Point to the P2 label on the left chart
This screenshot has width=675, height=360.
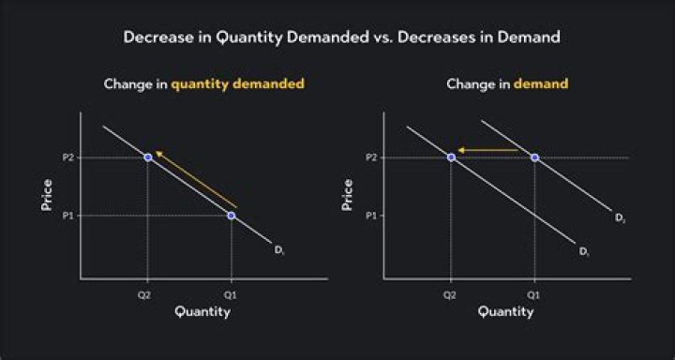(67, 157)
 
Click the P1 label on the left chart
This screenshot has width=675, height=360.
(67, 216)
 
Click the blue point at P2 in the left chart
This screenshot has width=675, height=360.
(148, 157)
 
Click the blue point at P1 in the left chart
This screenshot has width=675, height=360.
(232, 216)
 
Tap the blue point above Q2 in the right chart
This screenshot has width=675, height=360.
(451, 157)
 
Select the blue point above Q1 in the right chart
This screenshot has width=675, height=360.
(534, 157)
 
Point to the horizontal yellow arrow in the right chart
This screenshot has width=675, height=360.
(488, 150)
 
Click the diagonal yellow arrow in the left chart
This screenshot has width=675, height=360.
(197, 179)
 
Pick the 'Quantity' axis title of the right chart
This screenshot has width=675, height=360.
(504, 312)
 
